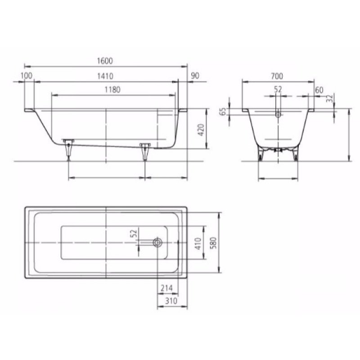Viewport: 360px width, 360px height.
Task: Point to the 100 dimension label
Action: pyautogui.click(x=27, y=76)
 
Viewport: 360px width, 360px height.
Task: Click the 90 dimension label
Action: pyautogui.click(x=195, y=76)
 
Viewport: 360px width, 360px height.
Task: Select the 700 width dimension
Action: pyautogui.click(x=278, y=76)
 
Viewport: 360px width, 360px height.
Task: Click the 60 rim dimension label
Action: pyautogui.click(x=319, y=90)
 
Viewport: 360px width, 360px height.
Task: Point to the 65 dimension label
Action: pyautogui.click(x=222, y=112)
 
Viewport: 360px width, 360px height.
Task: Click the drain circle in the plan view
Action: pyautogui.click(x=157, y=243)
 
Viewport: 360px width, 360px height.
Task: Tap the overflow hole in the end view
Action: pyautogui.click(x=278, y=115)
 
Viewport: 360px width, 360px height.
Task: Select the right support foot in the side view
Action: pyautogui.click(x=145, y=150)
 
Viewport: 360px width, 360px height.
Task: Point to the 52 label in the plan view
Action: pyautogui.click(x=133, y=233)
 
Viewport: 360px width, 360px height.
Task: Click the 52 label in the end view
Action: pyautogui.click(x=278, y=90)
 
